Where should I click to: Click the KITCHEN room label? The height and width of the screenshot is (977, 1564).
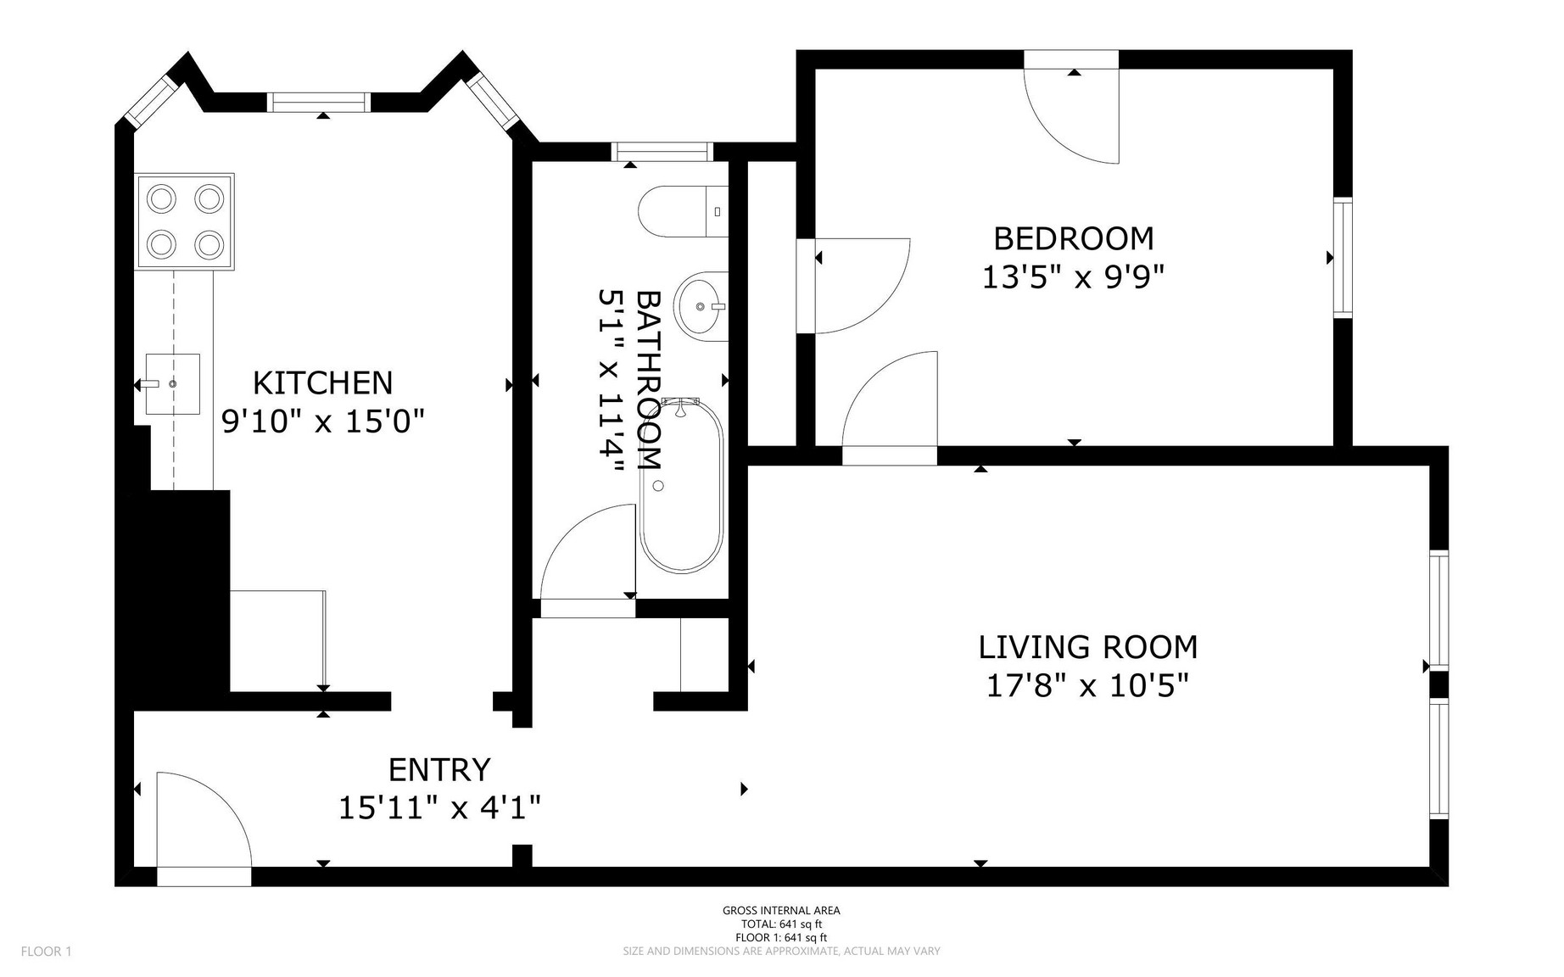click(323, 383)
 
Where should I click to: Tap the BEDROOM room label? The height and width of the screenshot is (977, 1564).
click(1074, 238)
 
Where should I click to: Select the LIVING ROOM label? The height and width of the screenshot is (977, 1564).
click(1088, 647)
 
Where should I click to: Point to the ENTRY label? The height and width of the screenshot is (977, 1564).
click(439, 770)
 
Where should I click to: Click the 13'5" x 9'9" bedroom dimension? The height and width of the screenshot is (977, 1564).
click(1073, 277)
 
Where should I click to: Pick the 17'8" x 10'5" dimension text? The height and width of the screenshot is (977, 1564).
click(1087, 685)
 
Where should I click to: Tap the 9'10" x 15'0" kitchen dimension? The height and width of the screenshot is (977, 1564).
click(322, 422)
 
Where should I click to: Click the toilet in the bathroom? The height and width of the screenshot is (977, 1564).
click(684, 211)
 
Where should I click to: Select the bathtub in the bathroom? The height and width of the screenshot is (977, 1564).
click(681, 485)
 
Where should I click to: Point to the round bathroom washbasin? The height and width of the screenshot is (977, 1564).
click(701, 306)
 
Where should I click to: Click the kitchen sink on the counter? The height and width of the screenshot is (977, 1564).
click(172, 383)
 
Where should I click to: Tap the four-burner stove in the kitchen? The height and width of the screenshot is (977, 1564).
click(184, 222)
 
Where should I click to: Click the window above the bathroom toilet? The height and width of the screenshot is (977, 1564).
click(662, 152)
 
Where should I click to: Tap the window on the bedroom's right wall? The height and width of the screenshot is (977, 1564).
click(1343, 258)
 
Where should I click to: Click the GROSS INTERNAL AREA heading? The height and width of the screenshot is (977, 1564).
click(781, 911)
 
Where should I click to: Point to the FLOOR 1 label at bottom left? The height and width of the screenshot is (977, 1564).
click(47, 952)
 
